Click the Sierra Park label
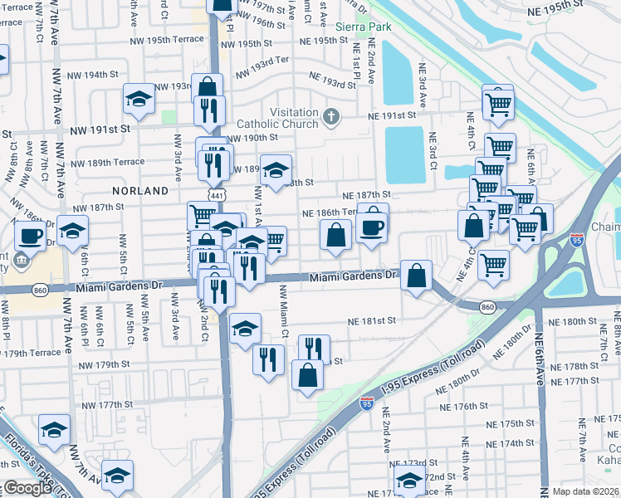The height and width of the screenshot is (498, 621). click(x=363, y=27)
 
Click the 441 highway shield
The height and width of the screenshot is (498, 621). click(x=215, y=193)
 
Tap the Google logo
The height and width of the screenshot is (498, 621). click(x=27, y=488)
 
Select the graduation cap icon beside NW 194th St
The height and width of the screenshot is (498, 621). click(x=139, y=100)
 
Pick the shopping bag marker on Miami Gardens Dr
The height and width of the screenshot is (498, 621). click(x=417, y=275)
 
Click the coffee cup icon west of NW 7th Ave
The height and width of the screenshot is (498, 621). click(x=31, y=235)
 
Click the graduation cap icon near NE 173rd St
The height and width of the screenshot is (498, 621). click(x=409, y=479)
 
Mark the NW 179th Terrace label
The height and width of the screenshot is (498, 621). click(x=31, y=352)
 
